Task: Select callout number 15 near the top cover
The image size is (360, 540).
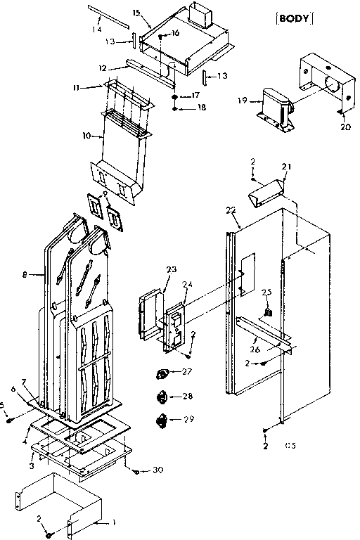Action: pyautogui.click(x=136, y=13)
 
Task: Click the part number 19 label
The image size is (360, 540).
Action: pyautogui.click(x=241, y=101)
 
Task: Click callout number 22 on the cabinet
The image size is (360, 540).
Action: pyautogui.click(x=231, y=210)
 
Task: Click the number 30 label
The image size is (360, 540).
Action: pyautogui.click(x=157, y=470)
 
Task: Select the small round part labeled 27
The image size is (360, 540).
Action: pyautogui.click(x=162, y=373)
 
